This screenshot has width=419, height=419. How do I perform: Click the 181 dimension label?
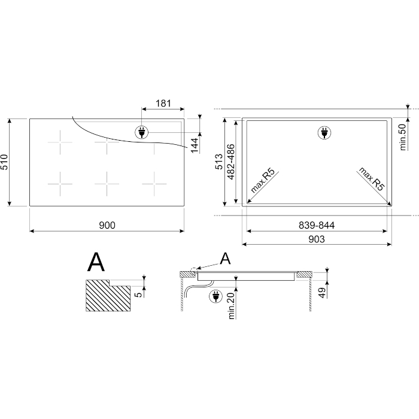pos(163,103)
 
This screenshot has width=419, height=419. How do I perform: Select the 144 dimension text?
pos(195,145)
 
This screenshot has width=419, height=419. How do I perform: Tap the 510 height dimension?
pos(5,162)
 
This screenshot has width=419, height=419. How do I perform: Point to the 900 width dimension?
pos(107,225)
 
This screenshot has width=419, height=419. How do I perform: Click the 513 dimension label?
pos(219,162)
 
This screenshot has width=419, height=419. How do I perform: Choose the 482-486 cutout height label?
pos(230,162)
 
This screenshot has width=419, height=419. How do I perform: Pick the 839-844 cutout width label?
pos(317,225)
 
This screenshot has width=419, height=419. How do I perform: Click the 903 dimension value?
pos(317,239)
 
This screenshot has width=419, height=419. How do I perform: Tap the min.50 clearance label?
pos(403,137)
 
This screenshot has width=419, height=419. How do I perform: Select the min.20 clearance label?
pos(231,306)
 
